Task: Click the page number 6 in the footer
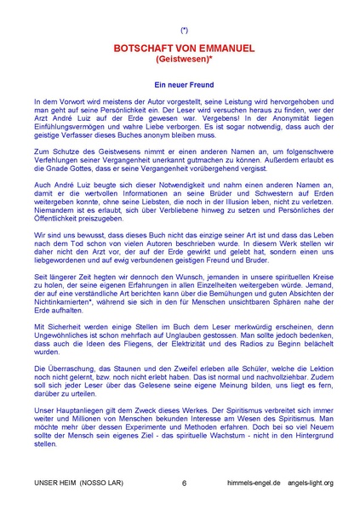(x=184, y=482)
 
